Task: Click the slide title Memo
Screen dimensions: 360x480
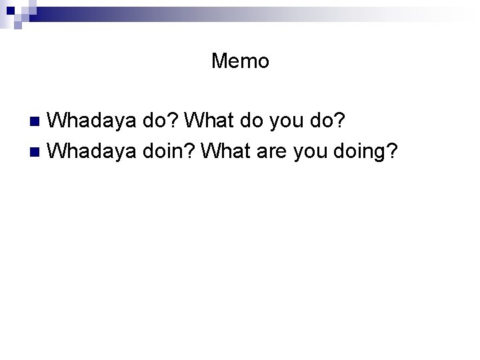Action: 240,61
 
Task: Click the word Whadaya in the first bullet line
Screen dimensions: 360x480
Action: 93,121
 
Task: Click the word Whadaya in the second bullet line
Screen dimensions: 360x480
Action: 93,152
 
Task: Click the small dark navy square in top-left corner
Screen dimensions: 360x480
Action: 18,25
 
